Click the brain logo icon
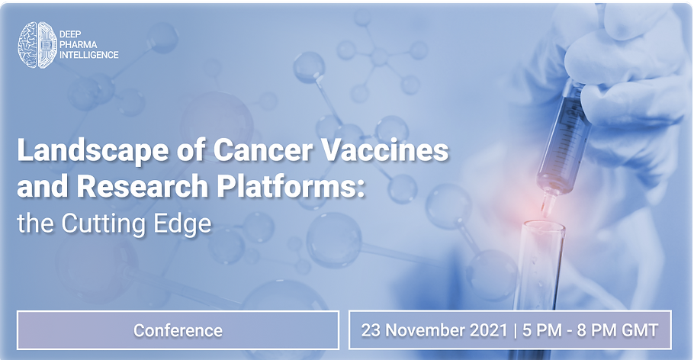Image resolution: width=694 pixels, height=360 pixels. [37, 45]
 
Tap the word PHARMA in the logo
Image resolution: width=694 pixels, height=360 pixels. [79, 45]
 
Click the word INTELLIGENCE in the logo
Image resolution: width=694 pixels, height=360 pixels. [89, 55]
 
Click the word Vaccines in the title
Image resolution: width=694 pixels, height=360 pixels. [384, 150]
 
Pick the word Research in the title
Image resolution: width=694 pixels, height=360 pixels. [143, 186]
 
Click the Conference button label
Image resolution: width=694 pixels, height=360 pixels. [178, 330]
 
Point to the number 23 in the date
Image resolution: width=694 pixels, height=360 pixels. [371, 330]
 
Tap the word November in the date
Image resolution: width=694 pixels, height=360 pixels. [424, 330]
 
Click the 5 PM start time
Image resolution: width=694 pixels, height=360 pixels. [536, 330]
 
